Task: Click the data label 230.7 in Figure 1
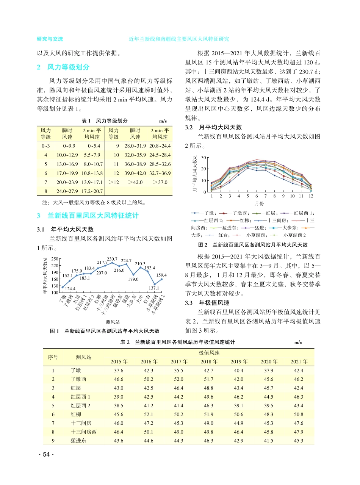(112, 259)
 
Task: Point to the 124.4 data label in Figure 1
(70, 289)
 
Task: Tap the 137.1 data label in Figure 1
(154, 288)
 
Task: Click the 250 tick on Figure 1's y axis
(54, 259)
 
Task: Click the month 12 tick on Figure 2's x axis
(311, 196)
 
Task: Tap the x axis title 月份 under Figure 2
(260, 203)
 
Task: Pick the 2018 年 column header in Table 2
(209, 361)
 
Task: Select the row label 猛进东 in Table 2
(79, 440)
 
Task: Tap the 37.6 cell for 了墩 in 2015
(119, 371)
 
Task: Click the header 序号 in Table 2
(53, 357)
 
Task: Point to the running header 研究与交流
(50, 39)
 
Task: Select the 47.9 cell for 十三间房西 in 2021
(298, 432)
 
